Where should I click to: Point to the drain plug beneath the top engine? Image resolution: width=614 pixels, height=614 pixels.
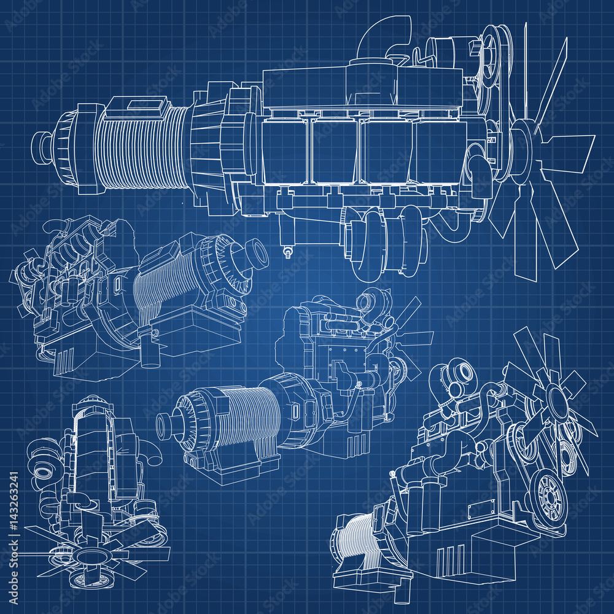(x=286, y=250)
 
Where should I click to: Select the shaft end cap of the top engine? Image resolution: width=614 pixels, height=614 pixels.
(x=41, y=145)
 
